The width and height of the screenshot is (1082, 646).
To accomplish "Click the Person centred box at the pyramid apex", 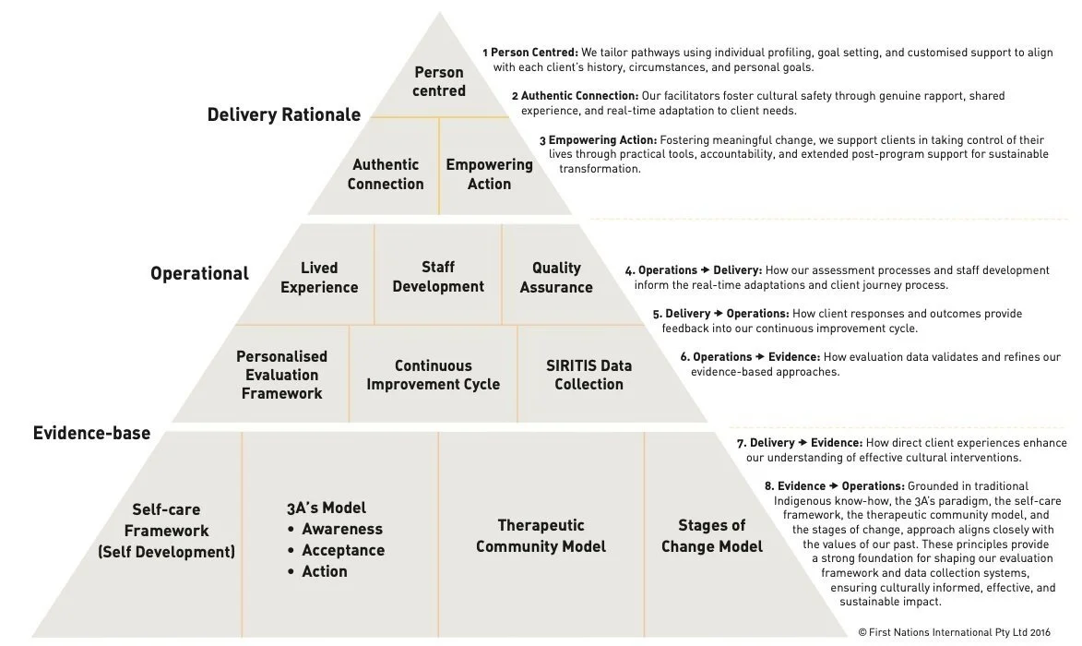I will point(439,81).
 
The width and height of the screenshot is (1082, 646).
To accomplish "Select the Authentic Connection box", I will point(386,173).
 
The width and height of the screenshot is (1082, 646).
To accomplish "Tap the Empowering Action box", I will point(489,173).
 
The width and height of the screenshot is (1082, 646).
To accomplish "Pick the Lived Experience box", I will point(319,277).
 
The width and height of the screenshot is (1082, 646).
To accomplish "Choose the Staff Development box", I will point(438,276).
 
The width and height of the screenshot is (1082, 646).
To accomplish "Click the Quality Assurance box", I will point(556,277).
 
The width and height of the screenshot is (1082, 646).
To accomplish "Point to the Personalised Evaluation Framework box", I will point(281,374).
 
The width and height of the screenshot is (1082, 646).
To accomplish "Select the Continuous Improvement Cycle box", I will point(433,375).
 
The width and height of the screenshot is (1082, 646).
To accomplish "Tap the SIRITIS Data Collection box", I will point(589,374).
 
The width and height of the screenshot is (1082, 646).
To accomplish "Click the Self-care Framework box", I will point(167,531).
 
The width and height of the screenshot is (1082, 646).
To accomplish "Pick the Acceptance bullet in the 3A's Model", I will point(342,550).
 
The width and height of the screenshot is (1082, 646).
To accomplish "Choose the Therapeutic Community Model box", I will point(541,535).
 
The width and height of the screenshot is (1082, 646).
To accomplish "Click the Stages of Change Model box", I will point(712,535).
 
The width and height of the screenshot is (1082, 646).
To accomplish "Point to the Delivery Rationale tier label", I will point(284,114).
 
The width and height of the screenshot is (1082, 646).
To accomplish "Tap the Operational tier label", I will point(199,273).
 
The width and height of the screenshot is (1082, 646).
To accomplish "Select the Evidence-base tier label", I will point(91,433).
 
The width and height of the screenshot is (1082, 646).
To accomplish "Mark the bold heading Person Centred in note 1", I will point(534,53).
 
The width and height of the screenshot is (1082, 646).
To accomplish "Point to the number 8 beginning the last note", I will point(768,486).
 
